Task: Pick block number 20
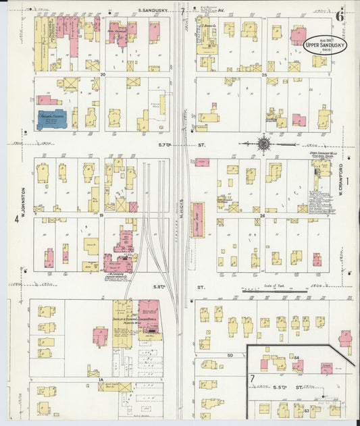(103, 74)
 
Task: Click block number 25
(265, 74)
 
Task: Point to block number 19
(102, 215)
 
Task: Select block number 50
(230, 354)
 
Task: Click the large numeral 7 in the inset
(253, 378)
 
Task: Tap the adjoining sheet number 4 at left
(16, 219)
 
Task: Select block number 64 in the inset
(295, 356)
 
